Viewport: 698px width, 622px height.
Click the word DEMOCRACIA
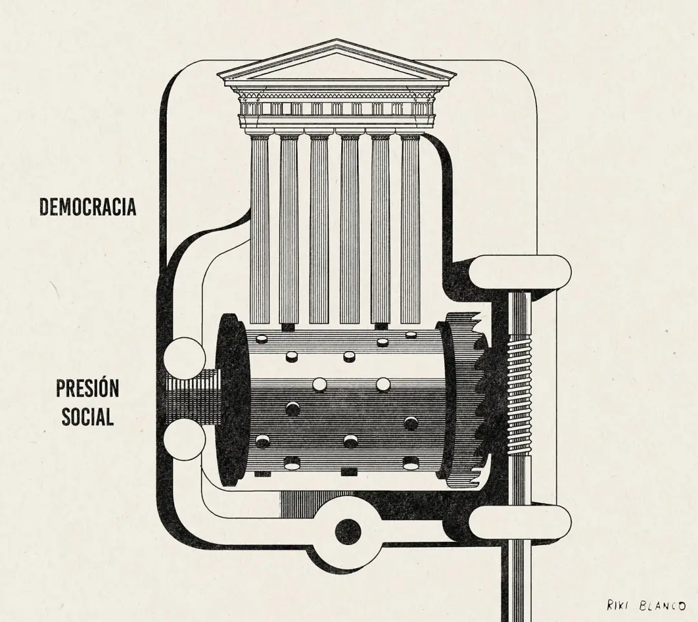click(88, 207)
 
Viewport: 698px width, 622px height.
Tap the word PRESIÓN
click(87, 388)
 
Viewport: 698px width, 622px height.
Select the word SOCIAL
click(87, 417)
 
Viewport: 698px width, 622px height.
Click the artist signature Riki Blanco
click(646, 606)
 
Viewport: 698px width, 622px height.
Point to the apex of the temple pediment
click(337, 39)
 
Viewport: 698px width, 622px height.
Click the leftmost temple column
click(260, 229)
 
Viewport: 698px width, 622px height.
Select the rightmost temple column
click(410, 229)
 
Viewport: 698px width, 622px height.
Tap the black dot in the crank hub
click(348, 532)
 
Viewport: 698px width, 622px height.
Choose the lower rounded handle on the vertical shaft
click(520, 523)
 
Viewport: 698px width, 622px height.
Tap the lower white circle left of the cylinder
click(185, 440)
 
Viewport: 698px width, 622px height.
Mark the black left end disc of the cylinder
click(231, 400)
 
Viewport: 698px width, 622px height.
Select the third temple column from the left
click(319, 229)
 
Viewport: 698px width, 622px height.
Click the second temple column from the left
click(290, 229)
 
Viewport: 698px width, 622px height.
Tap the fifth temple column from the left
click(380, 229)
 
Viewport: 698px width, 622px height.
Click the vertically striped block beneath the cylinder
click(307, 504)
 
